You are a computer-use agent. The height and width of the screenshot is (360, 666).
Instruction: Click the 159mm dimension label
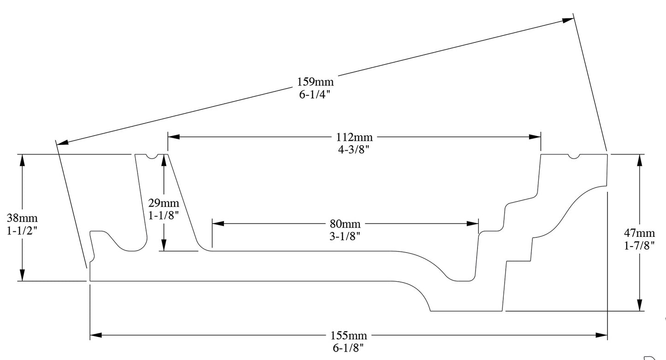[315, 82]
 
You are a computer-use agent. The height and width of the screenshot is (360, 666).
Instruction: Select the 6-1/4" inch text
[315, 94]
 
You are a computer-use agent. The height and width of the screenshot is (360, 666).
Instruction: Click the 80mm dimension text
[345, 224]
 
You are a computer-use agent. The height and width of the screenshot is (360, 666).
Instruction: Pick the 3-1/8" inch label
[345, 236]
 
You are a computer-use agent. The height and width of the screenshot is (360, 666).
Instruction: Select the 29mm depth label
[163, 203]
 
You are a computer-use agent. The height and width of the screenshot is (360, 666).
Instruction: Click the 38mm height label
[22, 218]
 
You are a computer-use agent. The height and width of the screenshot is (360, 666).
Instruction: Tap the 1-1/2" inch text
[22, 230]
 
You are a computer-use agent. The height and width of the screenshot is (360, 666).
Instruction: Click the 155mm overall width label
[348, 335]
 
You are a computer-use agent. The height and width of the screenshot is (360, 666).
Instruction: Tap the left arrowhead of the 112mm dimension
[174, 137]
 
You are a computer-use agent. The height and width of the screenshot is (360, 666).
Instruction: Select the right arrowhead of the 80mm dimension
[473, 224]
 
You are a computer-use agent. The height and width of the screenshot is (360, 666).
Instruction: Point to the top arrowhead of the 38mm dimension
[22, 160]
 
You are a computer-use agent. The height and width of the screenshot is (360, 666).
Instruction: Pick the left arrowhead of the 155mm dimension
[96, 335]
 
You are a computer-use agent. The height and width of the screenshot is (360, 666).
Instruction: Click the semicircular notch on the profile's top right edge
[573, 156]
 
